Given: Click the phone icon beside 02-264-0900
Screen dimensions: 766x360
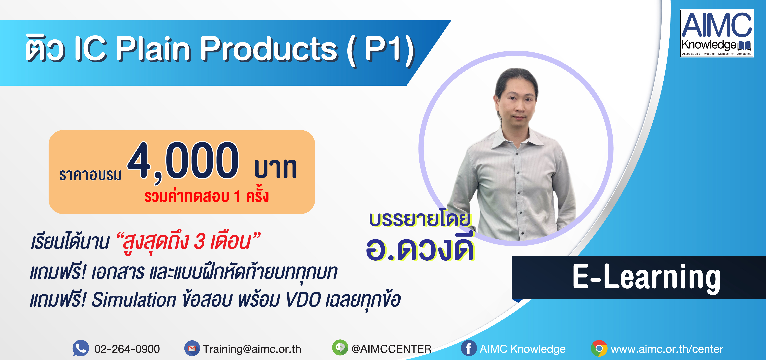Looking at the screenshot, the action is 81,348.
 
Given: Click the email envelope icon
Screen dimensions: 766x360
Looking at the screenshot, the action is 192,348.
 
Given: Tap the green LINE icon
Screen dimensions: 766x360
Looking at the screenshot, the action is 340,348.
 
